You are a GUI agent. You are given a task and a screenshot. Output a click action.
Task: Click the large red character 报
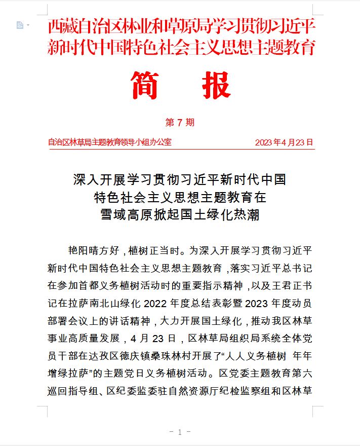(216, 86)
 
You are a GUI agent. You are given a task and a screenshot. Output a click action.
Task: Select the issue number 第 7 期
(180, 123)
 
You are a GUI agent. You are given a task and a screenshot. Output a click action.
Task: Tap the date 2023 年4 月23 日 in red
(284, 142)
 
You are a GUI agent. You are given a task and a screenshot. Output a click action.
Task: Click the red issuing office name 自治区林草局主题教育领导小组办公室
(109, 142)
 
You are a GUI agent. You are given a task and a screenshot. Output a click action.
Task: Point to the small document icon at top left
(20, 25)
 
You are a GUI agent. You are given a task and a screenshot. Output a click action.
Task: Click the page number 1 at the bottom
(180, 432)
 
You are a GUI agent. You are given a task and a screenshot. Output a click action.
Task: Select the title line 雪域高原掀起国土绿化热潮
(180, 215)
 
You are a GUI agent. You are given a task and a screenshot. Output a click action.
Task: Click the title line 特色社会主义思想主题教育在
(180, 197)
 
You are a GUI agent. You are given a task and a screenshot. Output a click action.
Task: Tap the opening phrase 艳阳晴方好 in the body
(93, 250)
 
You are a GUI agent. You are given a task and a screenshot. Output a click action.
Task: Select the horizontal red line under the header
(180, 149)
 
